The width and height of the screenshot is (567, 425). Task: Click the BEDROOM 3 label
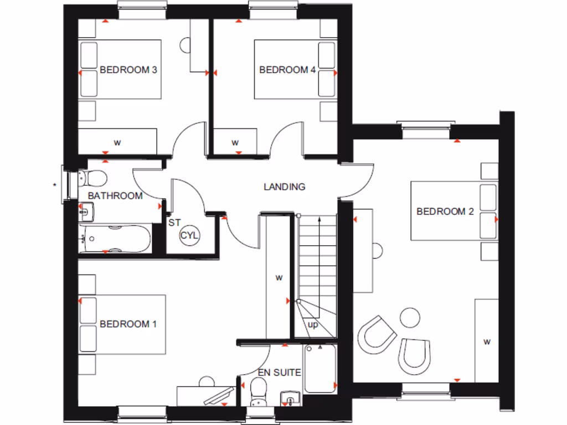(x=128, y=70)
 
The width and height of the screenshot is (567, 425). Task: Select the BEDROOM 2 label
(x=445, y=211)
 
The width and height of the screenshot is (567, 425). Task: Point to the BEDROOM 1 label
(x=128, y=324)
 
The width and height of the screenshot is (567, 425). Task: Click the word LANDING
(x=284, y=187)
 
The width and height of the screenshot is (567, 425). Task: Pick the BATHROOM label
(x=115, y=196)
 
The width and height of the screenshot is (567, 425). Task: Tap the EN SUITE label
(x=280, y=373)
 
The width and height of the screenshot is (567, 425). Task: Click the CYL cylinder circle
(x=189, y=236)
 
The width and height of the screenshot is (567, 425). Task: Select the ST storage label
(x=174, y=223)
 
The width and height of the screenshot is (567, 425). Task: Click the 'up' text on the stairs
(x=313, y=325)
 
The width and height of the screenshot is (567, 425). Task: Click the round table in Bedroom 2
(x=410, y=317)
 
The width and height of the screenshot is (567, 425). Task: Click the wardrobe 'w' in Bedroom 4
(x=235, y=143)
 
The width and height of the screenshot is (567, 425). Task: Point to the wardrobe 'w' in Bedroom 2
(x=487, y=342)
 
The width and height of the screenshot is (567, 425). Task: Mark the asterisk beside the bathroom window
(x=55, y=184)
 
